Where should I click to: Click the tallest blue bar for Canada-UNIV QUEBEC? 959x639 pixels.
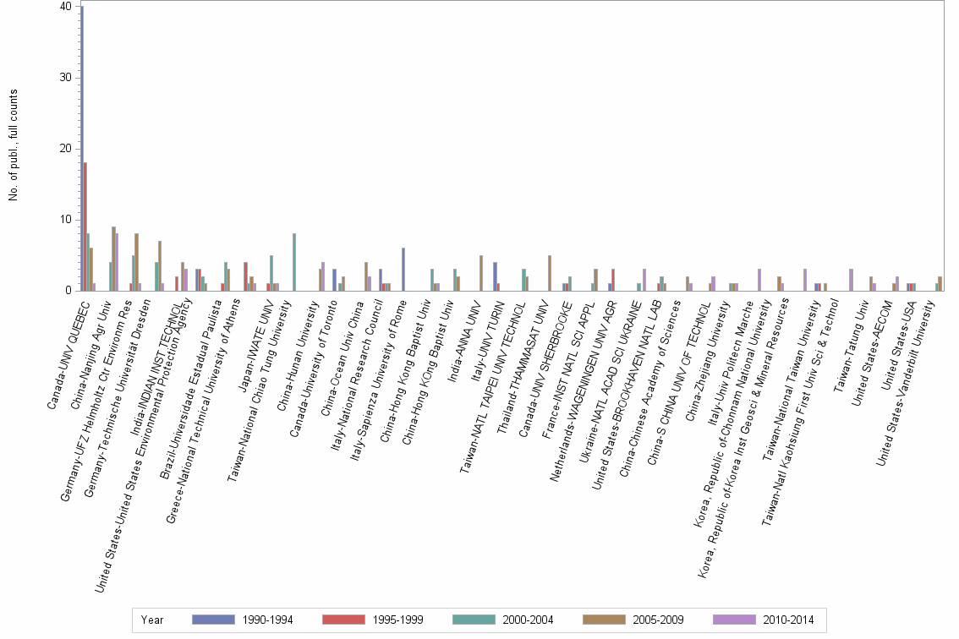82,149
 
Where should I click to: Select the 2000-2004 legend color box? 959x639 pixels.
475,620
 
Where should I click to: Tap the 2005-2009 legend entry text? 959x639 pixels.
656,620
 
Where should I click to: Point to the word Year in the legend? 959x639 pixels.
152,620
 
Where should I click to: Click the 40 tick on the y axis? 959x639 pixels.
66,7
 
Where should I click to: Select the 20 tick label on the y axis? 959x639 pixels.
66,149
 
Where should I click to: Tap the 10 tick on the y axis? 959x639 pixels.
66,220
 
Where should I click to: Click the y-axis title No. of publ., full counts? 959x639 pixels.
14,145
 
